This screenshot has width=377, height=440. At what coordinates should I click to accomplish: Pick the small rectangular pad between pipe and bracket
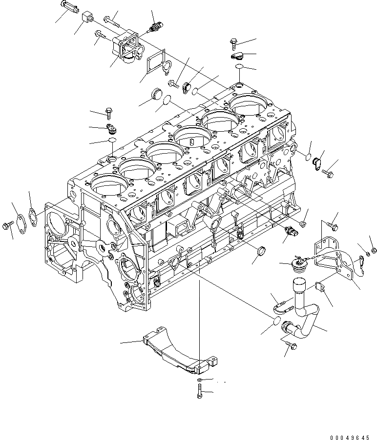tap(322, 287)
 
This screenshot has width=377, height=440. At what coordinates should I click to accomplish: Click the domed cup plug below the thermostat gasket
tap(146, 93)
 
